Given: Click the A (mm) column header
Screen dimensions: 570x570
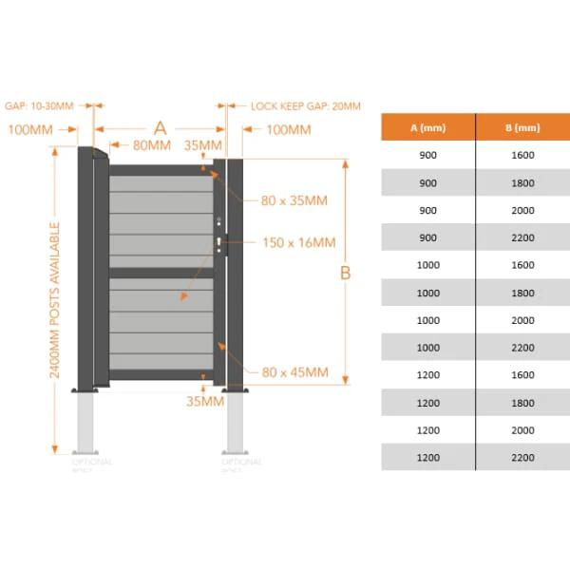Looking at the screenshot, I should click(x=427, y=127).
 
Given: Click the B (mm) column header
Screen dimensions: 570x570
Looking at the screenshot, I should click(x=522, y=127).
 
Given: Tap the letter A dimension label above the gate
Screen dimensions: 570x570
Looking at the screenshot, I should click(x=160, y=127).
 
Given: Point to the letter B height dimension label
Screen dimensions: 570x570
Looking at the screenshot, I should click(x=346, y=273).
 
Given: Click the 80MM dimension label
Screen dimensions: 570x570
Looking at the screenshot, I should click(x=152, y=145).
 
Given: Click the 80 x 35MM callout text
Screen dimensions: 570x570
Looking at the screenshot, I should click(x=294, y=200).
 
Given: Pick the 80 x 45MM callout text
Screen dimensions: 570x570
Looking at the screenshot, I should click(x=294, y=372).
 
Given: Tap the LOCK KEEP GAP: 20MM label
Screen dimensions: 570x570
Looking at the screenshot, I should click(x=305, y=106).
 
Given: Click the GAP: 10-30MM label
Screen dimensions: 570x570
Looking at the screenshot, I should click(x=39, y=106).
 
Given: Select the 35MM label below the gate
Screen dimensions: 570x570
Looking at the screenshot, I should click(x=203, y=401).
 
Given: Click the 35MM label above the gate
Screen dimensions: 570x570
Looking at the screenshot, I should click(x=203, y=145).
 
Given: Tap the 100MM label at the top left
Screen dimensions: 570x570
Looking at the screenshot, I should click(x=29, y=129).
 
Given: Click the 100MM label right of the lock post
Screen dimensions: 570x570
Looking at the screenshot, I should click(x=289, y=129).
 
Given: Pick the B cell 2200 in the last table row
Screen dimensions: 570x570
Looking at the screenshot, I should click(x=522, y=457).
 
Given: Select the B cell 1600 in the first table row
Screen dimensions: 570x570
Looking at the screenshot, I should click(x=522, y=155).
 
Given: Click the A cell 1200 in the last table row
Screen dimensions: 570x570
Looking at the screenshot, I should click(x=427, y=457).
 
